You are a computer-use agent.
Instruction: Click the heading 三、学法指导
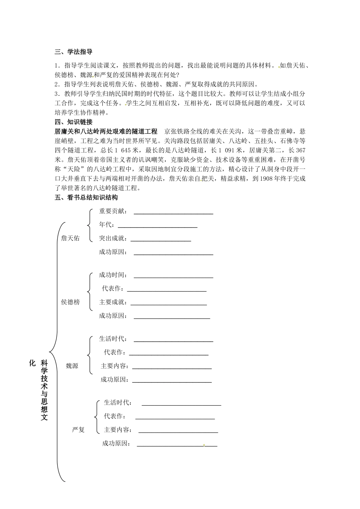coord(74,52)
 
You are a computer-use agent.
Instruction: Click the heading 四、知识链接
coord(74,122)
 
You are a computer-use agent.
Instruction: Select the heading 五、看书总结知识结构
coord(86,197)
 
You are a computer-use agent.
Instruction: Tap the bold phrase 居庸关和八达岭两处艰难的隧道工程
coord(106,131)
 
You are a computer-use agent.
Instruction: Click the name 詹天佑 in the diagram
coord(70,238)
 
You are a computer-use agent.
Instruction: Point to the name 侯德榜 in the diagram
coord(70,302)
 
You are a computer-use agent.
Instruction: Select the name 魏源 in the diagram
coord(72,366)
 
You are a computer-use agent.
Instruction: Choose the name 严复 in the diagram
coord(78,429)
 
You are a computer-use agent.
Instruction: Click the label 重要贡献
coord(113,211)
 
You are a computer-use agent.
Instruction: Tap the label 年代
coord(106,225)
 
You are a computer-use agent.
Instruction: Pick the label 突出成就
coord(113,238)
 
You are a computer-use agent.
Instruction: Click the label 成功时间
coord(113,275)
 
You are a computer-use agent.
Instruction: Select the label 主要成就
coord(113,302)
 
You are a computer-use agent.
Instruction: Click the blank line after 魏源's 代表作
coord(169,355)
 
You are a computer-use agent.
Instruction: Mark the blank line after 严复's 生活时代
coord(181,405)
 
